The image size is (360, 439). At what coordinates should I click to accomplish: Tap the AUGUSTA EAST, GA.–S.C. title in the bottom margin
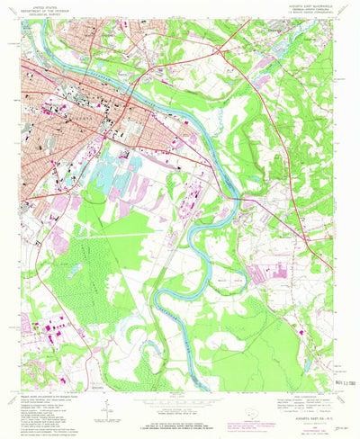click(310, 406)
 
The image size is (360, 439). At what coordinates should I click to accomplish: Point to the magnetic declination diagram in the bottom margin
click(106, 407)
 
